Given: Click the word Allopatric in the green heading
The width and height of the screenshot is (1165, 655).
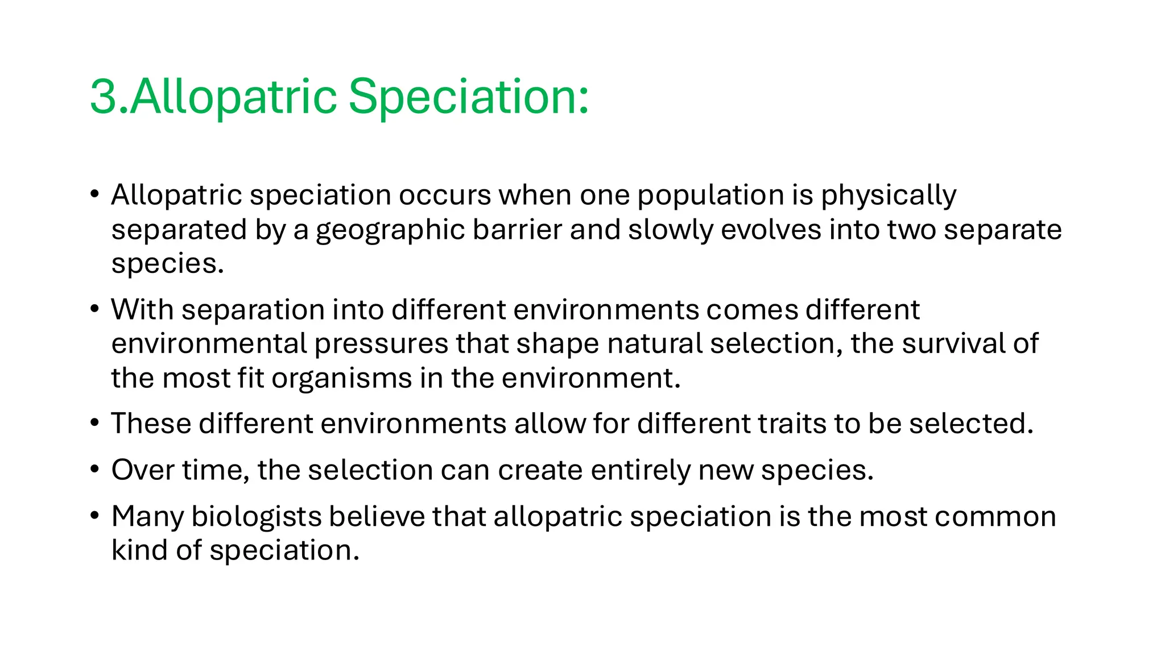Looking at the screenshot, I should pyautogui.click(x=233, y=97).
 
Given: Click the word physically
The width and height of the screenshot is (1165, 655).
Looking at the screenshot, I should pyautogui.click(x=888, y=196).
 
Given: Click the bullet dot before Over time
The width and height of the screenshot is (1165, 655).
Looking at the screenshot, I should pyautogui.click(x=95, y=470).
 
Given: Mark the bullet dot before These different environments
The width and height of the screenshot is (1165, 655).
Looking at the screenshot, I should pyautogui.click(x=95, y=424).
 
